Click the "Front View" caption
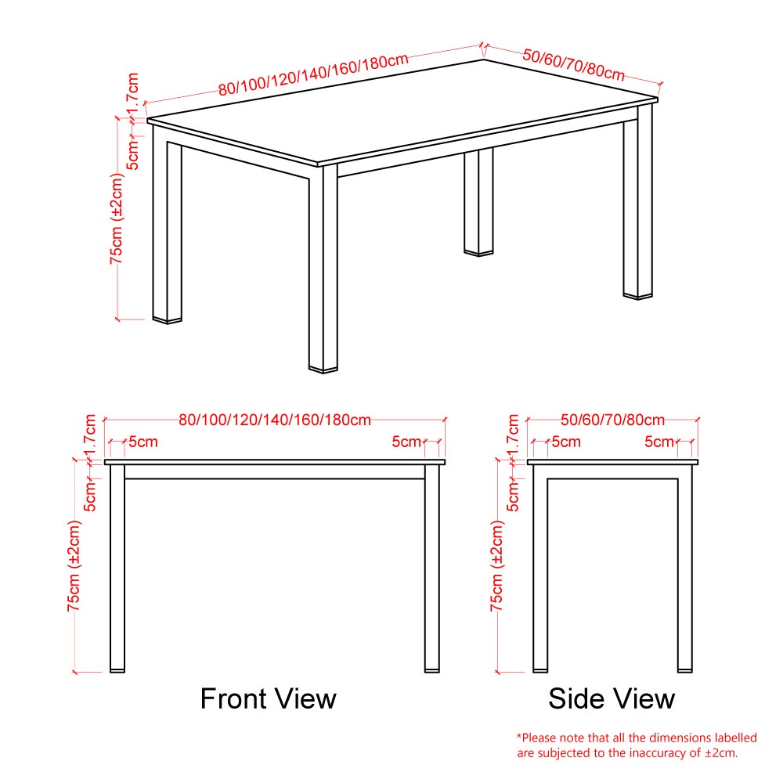click(268, 698)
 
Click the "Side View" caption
click(612, 698)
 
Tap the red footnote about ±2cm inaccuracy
click(637, 745)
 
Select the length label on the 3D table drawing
click(314, 74)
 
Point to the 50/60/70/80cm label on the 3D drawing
click(574, 65)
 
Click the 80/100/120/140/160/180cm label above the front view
click(275, 420)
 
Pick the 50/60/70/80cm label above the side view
click(612, 420)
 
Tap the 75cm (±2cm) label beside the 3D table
click(117, 218)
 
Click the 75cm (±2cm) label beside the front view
click(74, 565)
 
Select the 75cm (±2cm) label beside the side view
click(497, 565)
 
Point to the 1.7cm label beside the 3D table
click(132, 95)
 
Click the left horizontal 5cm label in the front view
click(143, 442)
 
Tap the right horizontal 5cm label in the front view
click(406, 442)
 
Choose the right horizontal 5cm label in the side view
click(659, 442)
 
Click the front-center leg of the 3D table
click(323, 269)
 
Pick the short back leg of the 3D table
click(478, 202)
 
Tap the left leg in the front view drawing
click(117, 568)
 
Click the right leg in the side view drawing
click(684, 568)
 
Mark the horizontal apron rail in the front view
click(275, 472)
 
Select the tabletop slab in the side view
click(612, 462)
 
